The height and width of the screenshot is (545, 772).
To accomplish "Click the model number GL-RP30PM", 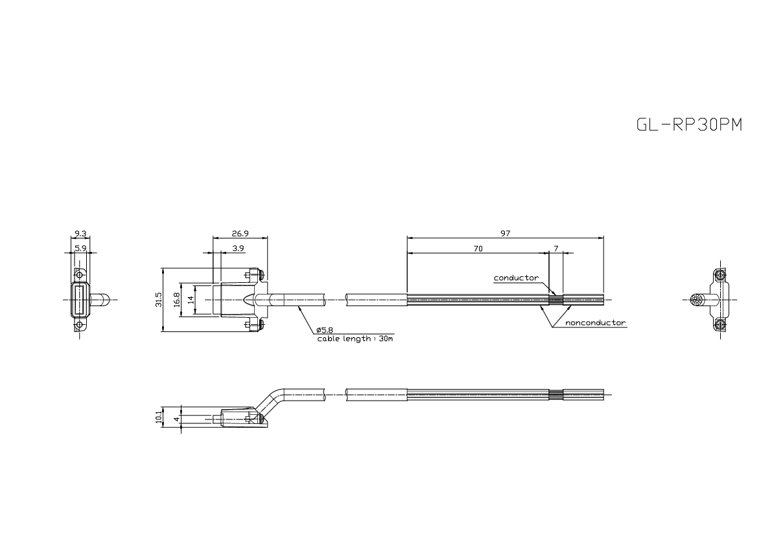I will tap(689, 125).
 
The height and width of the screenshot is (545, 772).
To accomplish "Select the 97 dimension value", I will tap(505, 234).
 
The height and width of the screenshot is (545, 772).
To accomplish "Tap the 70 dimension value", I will tap(478, 248).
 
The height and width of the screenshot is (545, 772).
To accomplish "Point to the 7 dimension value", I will tap(556, 248).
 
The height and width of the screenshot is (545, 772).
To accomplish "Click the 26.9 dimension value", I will tap(239, 234).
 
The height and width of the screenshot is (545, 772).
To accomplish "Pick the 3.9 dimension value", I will tap(238, 248).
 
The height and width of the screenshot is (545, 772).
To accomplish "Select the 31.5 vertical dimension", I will tap(159, 300).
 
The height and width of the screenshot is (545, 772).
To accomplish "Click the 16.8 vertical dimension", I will tap(176, 299).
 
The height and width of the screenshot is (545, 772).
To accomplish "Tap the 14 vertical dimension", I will tap(191, 299).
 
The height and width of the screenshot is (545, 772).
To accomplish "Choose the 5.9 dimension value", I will tap(80, 248).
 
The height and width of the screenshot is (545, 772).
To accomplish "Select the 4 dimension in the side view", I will tap(176, 419).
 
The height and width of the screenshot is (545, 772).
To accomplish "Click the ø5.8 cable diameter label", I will tap(325, 330).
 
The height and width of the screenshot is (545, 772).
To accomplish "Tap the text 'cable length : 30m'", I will tap(355, 339).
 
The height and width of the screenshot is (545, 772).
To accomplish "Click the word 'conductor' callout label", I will tap(516, 278).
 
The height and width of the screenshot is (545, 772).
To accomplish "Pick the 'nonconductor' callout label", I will tap(595, 322).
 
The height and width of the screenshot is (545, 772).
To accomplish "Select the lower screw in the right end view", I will tap(721, 323).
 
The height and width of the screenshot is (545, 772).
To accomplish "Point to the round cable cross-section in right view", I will tap(699, 300).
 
